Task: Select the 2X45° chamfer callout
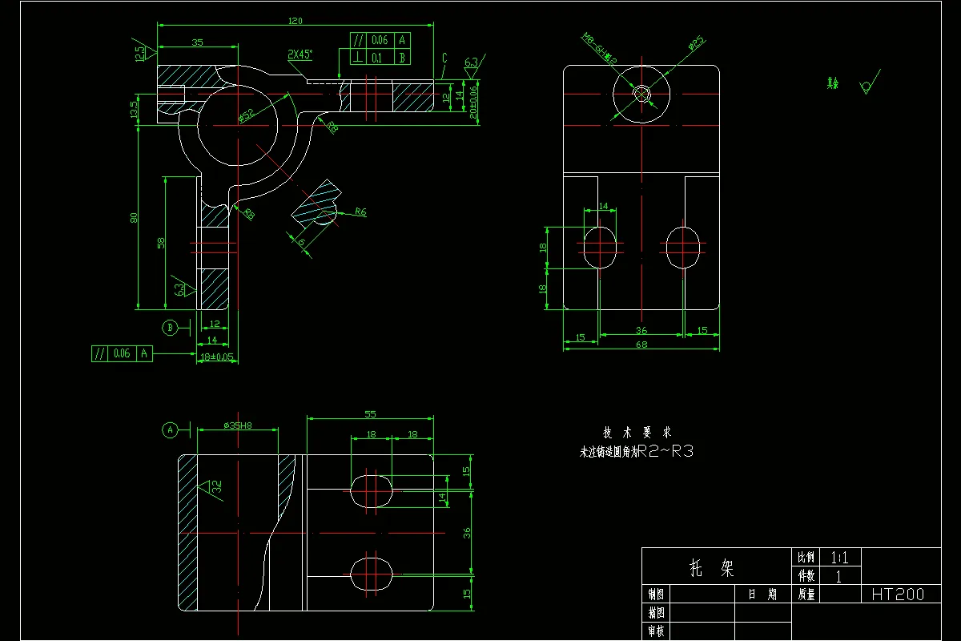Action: [300, 54]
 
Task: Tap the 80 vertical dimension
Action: [135, 217]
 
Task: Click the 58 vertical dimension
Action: [161, 243]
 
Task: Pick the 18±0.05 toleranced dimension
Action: [216, 357]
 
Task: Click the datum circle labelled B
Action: [170, 327]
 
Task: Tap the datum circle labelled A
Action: [170, 430]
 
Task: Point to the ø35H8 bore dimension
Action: [238, 425]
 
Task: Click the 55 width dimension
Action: [370, 414]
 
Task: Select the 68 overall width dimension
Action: [641, 345]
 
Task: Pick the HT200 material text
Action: [897, 595]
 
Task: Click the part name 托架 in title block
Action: [712, 568]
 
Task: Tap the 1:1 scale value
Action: [838, 557]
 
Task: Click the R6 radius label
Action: [360, 212]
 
